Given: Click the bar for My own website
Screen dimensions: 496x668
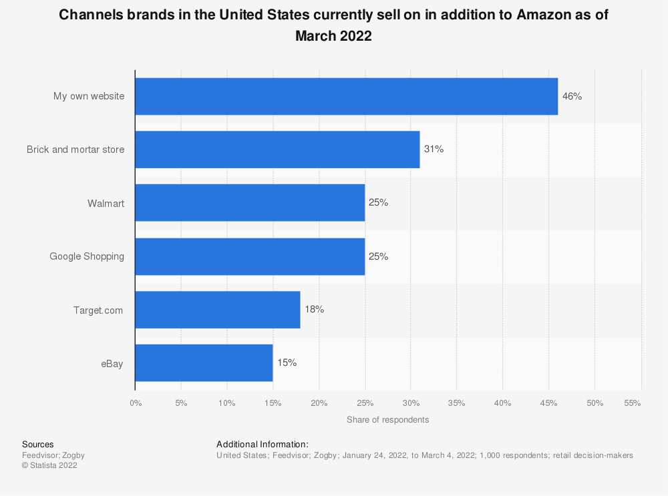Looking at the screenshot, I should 346,96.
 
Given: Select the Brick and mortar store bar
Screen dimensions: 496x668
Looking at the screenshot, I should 277,150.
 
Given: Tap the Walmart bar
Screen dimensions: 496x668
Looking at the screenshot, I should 250,203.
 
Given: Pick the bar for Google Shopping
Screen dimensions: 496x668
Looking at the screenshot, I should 250,256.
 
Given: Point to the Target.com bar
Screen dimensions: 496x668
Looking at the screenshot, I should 218,310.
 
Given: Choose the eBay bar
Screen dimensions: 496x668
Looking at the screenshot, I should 204,363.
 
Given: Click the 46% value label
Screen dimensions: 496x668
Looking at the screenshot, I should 572,96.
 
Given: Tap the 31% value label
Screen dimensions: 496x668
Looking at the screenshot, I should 434,150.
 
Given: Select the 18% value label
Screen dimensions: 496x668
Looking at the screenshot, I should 314,310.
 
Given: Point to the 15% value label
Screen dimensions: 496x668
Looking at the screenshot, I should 287,363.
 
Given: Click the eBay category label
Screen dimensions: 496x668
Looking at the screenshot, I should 112,363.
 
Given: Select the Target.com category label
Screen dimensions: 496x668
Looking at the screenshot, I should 98,310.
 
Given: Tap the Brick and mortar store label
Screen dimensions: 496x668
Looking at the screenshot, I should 75,150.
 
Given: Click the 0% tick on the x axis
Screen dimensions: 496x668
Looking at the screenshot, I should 135,403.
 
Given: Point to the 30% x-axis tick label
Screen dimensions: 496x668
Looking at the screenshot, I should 411,403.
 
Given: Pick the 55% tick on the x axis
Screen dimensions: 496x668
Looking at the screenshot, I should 632,403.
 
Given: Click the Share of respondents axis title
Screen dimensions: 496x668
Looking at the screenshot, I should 387,420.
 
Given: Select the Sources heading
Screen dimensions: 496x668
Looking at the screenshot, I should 38,444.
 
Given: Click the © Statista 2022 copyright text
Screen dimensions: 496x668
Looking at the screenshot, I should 49,465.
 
